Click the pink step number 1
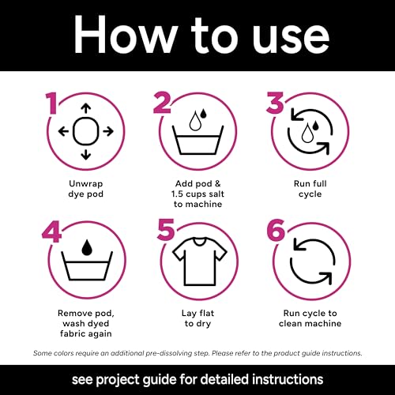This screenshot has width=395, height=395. click(52, 103)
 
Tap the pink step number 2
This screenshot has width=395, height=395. click(162, 103)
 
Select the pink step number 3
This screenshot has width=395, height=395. click(275, 103)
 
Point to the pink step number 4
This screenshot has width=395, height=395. click(51, 231)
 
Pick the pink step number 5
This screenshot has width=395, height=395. click(166, 230)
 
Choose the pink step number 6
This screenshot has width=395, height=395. click(276, 230)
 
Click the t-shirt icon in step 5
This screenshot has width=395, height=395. click(200, 261)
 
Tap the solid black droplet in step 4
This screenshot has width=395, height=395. click(87, 247)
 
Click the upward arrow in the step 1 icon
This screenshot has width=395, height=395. click(86, 109)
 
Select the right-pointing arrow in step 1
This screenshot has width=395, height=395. click(108, 131)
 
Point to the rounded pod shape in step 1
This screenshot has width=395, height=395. click(86, 131)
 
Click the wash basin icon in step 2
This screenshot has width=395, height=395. click(197, 140)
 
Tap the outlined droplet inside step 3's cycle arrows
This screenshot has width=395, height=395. click(306, 134)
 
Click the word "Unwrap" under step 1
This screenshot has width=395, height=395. click(86, 183)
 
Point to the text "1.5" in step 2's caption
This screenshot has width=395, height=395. click(177, 194)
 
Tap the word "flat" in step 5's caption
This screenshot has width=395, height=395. click(206, 313)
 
